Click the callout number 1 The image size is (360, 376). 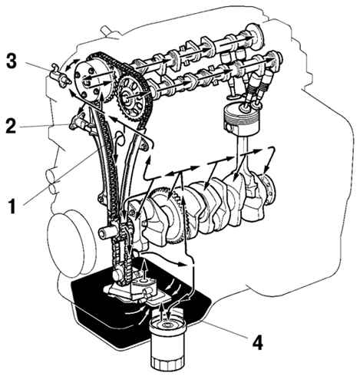coord(13,206)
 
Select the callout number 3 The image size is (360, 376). coord(12,61)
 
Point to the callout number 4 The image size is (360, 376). coord(257,342)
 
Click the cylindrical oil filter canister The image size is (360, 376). coord(167,344)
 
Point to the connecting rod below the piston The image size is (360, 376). coord(241,159)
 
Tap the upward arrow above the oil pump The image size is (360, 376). coord(145,269)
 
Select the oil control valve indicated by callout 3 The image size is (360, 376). coord(59,76)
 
